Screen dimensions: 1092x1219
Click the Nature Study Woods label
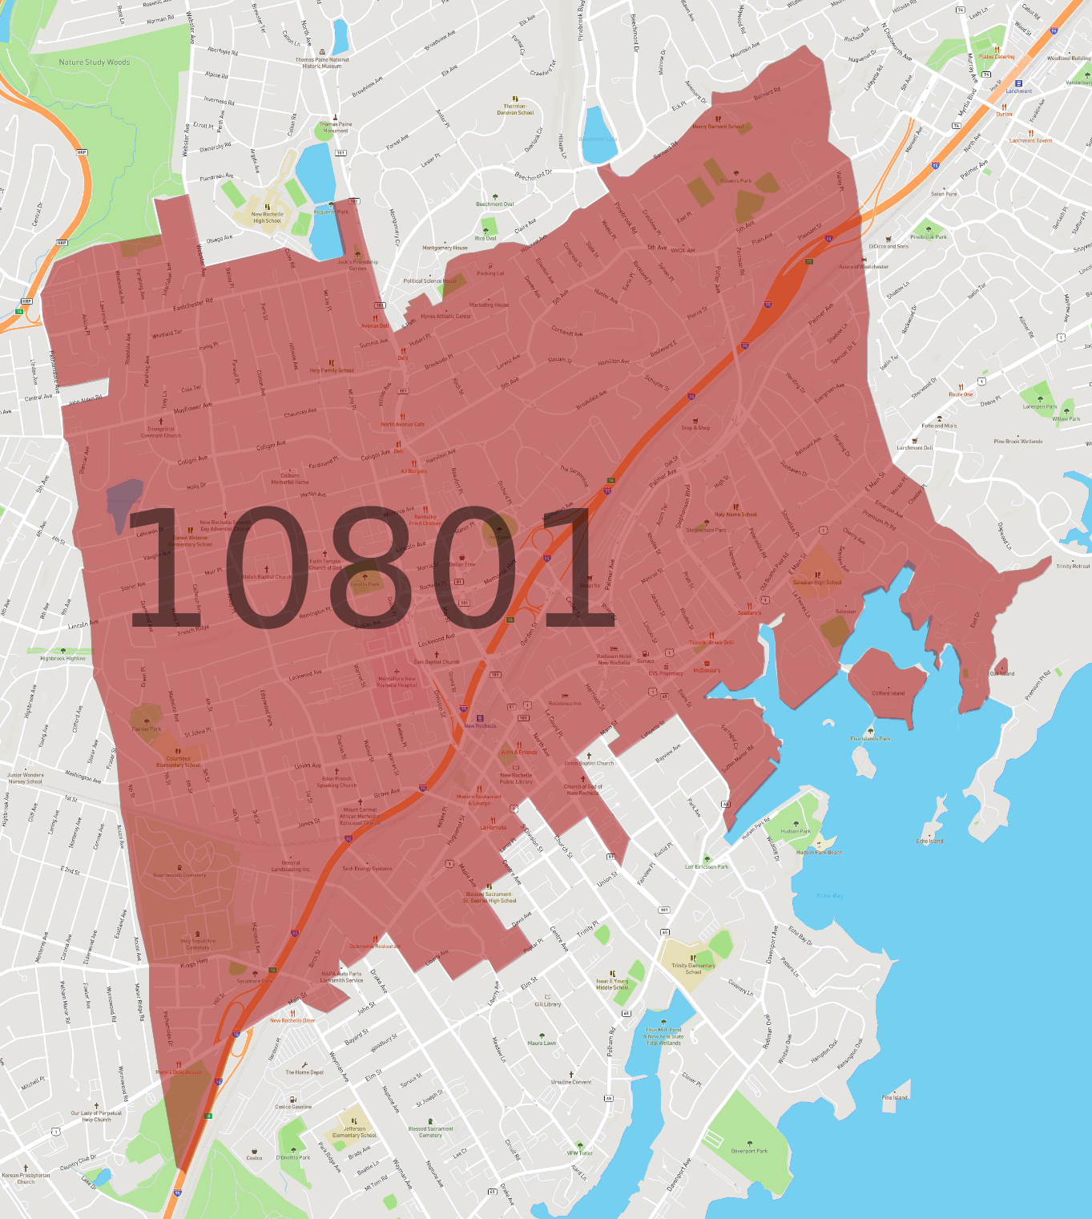click(x=95, y=63)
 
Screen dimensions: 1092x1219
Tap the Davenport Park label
click(x=749, y=1151)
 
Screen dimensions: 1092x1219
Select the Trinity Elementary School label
click(x=693, y=969)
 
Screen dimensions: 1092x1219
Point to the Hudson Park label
click(x=796, y=831)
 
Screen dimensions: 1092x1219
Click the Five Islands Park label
click(x=870, y=739)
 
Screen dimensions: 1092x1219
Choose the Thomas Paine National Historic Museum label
click(x=322, y=63)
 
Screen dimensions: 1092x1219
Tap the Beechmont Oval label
click(x=495, y=204)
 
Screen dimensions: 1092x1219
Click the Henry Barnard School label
click(x=718, y=127)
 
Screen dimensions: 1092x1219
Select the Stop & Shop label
click(x=695, y=428)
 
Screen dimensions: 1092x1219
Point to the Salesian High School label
click(x=817, y=583)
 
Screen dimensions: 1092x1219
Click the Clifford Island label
click(x=888, y=693)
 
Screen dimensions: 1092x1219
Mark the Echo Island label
click(x=929, y=841)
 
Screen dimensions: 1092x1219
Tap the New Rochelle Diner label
click(x=292, y=1020)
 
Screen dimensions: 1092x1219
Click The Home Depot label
click(x=304, y=1072)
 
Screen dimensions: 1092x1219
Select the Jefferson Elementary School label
click(x=354, y=1132)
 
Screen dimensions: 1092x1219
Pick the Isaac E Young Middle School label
click(x=613, y=984)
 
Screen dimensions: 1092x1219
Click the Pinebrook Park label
click(x=929, y=236)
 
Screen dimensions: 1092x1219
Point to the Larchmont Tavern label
click(x=1030, y=140)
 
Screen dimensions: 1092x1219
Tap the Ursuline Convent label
click(x=571, y=1082)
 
